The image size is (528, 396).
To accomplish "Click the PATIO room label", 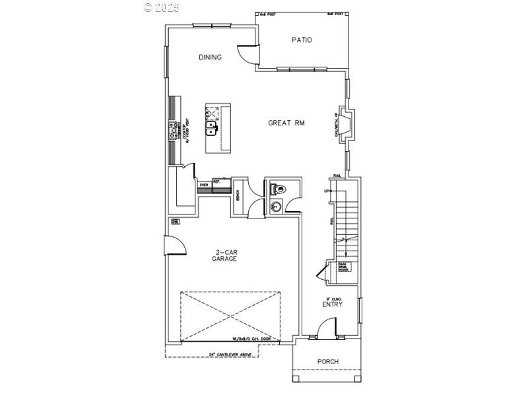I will coord(302,40).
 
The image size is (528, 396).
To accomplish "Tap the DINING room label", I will coord(211,57).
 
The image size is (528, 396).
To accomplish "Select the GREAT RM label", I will coord(286,123).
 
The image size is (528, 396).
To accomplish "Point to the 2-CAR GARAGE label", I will coord(224,255).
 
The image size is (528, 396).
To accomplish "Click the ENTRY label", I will coord(332,304).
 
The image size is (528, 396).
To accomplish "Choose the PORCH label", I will coord(327,361).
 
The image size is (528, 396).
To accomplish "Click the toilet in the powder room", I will coord(279,189).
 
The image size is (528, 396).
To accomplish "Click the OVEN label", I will coord(205,185).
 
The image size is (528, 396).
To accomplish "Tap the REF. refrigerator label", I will coord(216,181).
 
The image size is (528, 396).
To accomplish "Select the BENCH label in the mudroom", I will coord(237,196).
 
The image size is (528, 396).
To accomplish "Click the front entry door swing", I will coord(325,327).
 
